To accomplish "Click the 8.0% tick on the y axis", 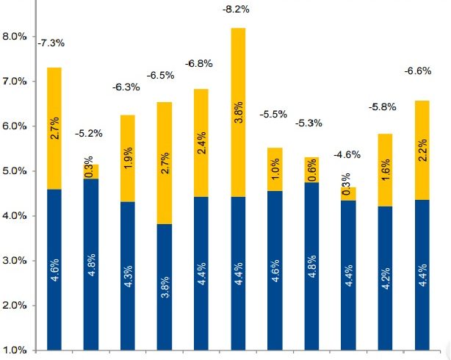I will pyautogui.click(x=15, y=36).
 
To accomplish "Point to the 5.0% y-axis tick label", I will pyautogui.click(x=15, y=171).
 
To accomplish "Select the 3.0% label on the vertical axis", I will pyautogui.click(x=15, y=261).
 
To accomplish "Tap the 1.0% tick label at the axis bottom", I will pyautogui.click(x=15, y=350).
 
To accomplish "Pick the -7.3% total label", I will pyautogui.click(x=51, y=43).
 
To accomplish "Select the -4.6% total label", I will pyautogui.click(x=346, y=154).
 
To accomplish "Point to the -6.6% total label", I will pyautogui.click(x=419, y=71).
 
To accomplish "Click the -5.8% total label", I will pyautogui.click(x=382, y=107).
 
